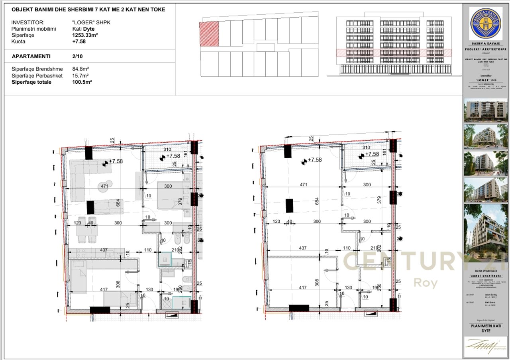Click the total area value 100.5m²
tap(82, 82)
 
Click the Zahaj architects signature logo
tap(485, 345)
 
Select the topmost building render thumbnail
tap(485, 110)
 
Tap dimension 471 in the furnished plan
tap(105, 186)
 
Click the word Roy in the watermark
tap(426, 283)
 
